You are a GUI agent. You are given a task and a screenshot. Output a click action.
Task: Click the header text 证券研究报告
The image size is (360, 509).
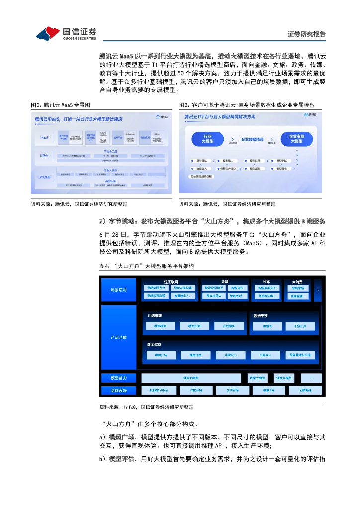307,34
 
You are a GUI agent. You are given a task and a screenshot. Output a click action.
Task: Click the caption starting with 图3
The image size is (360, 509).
247,105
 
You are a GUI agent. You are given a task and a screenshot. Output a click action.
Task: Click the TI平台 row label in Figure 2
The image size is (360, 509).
45,156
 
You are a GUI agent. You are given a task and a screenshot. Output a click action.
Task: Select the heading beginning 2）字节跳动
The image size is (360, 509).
212,221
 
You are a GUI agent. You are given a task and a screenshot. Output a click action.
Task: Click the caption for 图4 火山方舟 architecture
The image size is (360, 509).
147,266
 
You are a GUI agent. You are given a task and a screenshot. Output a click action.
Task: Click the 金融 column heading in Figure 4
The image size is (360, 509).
224,281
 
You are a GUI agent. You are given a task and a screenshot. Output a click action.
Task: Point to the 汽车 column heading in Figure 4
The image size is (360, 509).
267,281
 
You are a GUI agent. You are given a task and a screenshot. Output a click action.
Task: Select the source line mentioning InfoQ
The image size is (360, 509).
147,407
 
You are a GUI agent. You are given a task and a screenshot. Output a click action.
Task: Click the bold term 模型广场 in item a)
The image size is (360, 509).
121,437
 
